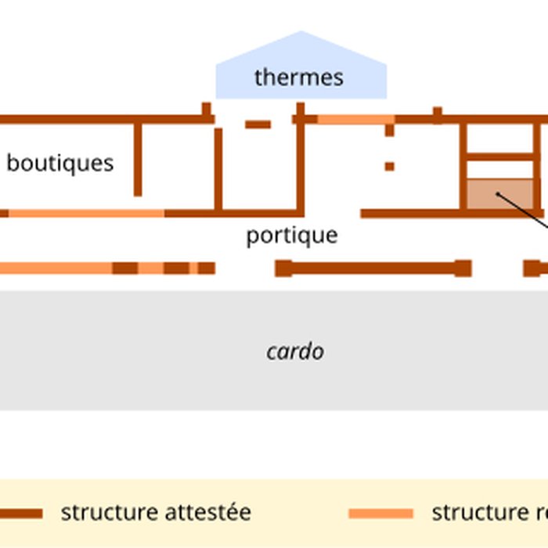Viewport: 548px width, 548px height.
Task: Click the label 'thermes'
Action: point(298,78)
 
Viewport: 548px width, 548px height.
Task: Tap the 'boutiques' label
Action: point(60,163)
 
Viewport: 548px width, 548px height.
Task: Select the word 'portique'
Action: point(292,236)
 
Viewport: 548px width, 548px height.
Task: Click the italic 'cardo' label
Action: point(295,352)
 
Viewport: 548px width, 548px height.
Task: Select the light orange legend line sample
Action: point(380,514)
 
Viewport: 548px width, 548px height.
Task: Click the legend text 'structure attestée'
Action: point(156,513)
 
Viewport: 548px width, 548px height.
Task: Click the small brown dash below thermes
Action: point(258,124)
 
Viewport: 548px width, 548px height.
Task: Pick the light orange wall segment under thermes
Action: point(355,119)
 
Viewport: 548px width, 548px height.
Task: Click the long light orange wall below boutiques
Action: point(86,213)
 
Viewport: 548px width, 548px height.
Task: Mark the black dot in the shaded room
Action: point(498,193)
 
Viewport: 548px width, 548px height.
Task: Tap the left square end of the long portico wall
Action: point(283,269)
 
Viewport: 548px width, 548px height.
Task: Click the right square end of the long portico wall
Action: point(463,269)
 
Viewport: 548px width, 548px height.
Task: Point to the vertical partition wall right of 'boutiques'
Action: point(138,159)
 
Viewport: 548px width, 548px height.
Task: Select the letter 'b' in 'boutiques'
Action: point(12,163)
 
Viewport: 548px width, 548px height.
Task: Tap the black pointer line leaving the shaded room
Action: point(525,211)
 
